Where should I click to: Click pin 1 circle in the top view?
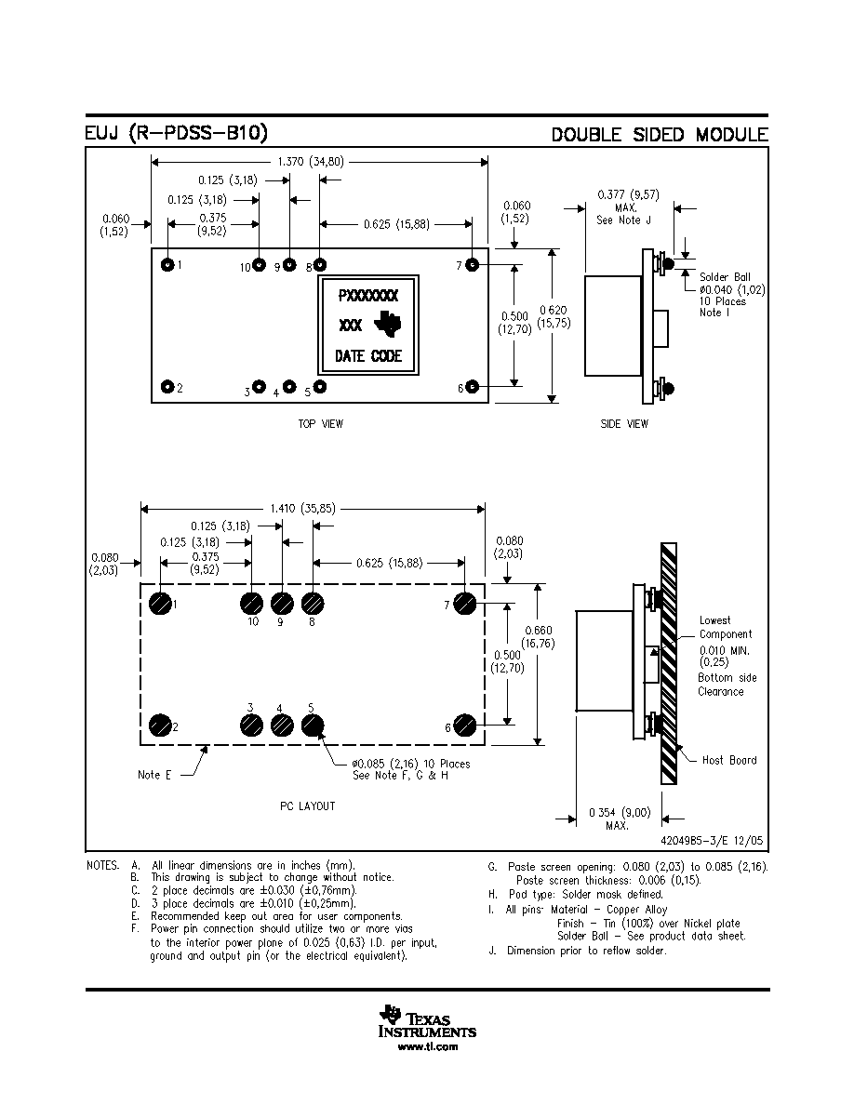pyautogui.click(x=167, y=265)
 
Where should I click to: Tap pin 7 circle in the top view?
pyautogui.click(x=473, y=265)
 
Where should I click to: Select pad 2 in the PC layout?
pyautogui.click(x=160, y=726)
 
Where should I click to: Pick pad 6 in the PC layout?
pyautogui.click(x=464, y=726)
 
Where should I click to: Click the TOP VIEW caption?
pyautogui.click(x=320, y=424)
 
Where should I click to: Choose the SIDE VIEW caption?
pyautogui.click(x=624, y=424)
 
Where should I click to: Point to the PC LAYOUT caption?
pyautogui.click(x=307, y=806)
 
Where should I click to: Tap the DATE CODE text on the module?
pyautogui.click(x=368, y=356)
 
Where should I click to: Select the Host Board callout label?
pyautogui.click(x=729, y=760)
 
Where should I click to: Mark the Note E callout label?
pyautogui.click(x=154, y=775)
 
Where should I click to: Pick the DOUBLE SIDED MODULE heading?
pyautogui.click(x=660, y=135)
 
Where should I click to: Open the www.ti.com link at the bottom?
pyautogui.click(x=428, y=1047)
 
